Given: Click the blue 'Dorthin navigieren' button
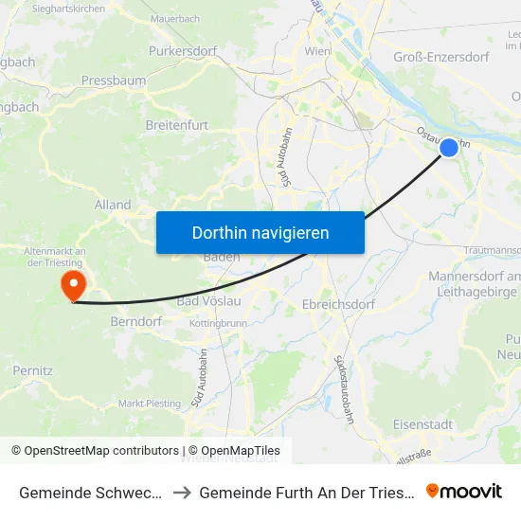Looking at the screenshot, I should [260, 232].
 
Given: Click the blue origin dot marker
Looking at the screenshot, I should [449, 148].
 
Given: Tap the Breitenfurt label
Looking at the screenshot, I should [177, 124].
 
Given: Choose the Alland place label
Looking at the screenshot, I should [113, 205].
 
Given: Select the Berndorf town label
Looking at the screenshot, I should [138, 321].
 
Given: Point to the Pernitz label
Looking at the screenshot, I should [32, 370].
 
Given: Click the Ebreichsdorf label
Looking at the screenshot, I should [338, 304].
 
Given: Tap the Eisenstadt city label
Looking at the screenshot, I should [422, 424].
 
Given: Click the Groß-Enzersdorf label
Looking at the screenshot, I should [440, 57].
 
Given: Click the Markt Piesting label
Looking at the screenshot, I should [150, 403].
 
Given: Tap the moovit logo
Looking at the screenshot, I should [464, 491].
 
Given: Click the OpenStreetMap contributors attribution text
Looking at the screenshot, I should [95, 451].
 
